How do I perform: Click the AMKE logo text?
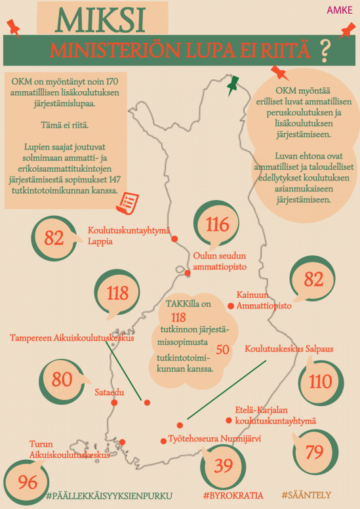coord(340,10)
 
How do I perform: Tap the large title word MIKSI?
coord(100,20)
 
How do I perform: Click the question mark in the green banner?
coord(325,51)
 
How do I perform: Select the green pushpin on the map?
coord(232,85)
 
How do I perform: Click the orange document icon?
coord(127,203)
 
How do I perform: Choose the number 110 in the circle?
coord(321,382)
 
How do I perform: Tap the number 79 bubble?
coord(315,452)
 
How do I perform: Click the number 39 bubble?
coord(223,466)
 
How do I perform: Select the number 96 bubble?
coord(27,481)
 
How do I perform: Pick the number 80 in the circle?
coord(62,379)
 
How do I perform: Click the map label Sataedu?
coord(110,392)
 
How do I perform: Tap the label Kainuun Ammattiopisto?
coord(264,300)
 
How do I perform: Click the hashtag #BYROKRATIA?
coord(233,495)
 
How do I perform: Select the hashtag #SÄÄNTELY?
coord(306,495)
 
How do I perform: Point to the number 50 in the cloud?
coord(223,350)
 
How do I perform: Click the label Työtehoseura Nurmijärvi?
coord(214,439)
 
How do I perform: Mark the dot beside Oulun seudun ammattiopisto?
coord(188,273)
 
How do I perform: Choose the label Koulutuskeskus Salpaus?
coord(289,349)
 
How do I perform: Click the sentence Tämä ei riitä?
coord(65,125)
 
